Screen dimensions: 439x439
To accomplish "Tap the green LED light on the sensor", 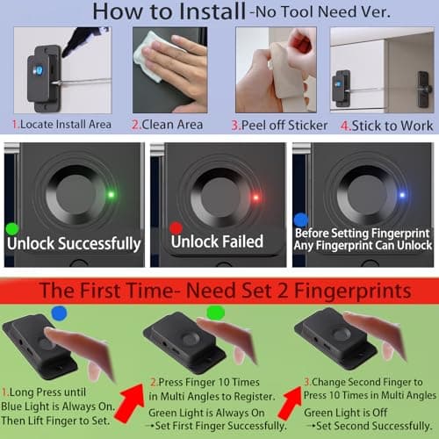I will coord(112,194).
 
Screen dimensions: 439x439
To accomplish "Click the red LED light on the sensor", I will coord(255,197).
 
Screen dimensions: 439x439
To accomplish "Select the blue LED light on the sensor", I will coord(400,195).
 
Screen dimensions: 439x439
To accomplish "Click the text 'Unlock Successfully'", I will coord(79,243).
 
